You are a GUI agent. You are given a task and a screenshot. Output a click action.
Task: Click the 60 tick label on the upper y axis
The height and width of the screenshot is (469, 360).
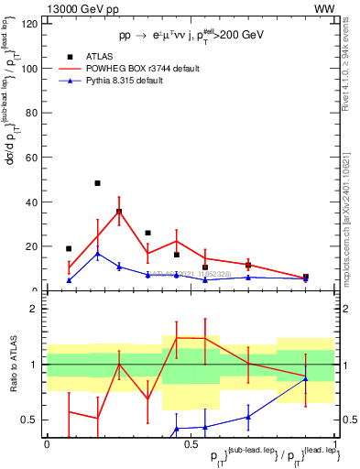pos(34,158)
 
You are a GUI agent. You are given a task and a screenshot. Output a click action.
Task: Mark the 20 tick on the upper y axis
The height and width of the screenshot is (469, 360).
pos(34,246)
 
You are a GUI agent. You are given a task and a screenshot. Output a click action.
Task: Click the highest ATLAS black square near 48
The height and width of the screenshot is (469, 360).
pos(97,183)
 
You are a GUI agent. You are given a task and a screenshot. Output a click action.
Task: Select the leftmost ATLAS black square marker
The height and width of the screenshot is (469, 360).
pos(69,248)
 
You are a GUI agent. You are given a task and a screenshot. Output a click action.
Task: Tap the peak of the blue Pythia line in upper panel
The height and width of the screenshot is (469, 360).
pos(97,254)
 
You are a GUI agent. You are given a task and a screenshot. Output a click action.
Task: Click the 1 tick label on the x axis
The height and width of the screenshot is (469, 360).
pos(334,444)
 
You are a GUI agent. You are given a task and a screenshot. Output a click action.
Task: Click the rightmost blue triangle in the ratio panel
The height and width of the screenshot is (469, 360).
pos(306,378)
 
